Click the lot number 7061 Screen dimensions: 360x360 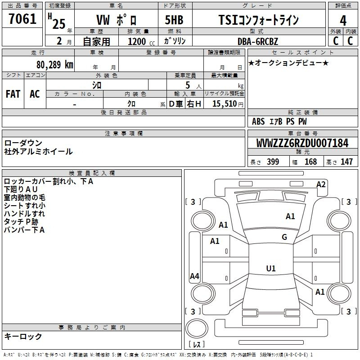tap(22, 19)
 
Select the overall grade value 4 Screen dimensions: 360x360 tap(343, 20)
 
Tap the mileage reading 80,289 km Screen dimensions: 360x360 tap(54, 65)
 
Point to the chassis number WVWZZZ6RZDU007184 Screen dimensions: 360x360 tap(302, 143)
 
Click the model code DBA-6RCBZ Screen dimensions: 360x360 tap(257, 41)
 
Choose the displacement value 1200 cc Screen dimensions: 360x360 tap(141, 41)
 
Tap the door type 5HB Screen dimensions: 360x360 tap(174, 20)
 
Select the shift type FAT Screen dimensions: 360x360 tap(13, 94)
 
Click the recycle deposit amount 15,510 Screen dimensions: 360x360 tap(225, 104)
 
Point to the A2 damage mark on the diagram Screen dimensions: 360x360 tap(321, 184)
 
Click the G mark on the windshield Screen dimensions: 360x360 tap(284, 237)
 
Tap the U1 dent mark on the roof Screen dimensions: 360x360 tap(271, 268)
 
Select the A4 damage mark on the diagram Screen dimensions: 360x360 tap(194, 276)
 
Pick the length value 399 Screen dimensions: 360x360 tap(273, 162)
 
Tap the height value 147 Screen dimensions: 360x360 tap(346, 162)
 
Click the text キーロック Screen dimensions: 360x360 tap(23, 336)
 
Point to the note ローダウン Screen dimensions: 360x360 tap(23, 143)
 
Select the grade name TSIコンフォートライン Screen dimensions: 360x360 tap(258, 20)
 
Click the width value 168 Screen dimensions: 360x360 tap(310, 162)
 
